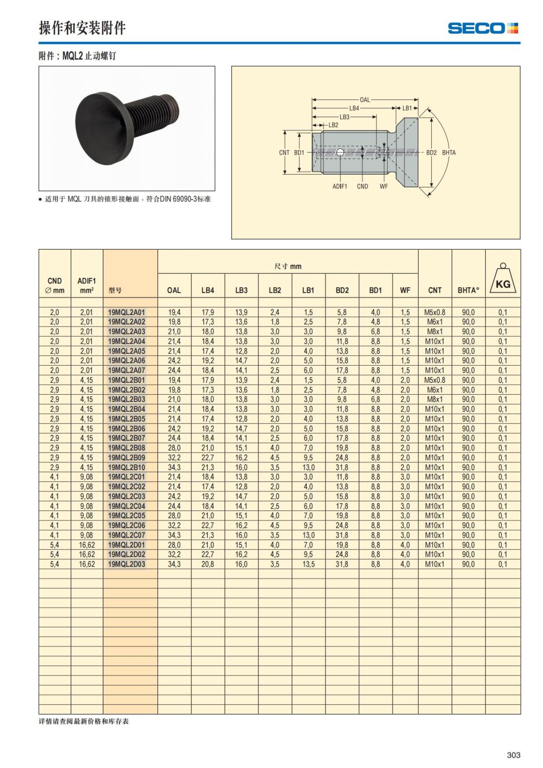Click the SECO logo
click(x=483, y=28)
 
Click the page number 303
click(x=513, y=755)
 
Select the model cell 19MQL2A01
click(x=127, y=312)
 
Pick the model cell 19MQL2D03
click(x=127, y=564)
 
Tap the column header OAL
click(x=174, y=291)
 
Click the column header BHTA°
click(x=468, y=291)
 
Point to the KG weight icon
click(x=502, y=281)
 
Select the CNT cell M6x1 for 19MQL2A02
click(x=434, y=322)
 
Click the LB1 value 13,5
click(x=309, y=564)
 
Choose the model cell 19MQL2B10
click(x=127, y=467)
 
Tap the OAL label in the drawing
click(x=365, y=100)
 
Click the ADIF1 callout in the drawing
click(x=339, y=186)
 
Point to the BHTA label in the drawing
click(x=449, y=153)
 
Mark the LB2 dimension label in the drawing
click(x=333, y=125)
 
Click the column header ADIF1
click(x=86, y=281)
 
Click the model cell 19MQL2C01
click(x=127, y=477)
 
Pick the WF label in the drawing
click(x=384, y=186)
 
